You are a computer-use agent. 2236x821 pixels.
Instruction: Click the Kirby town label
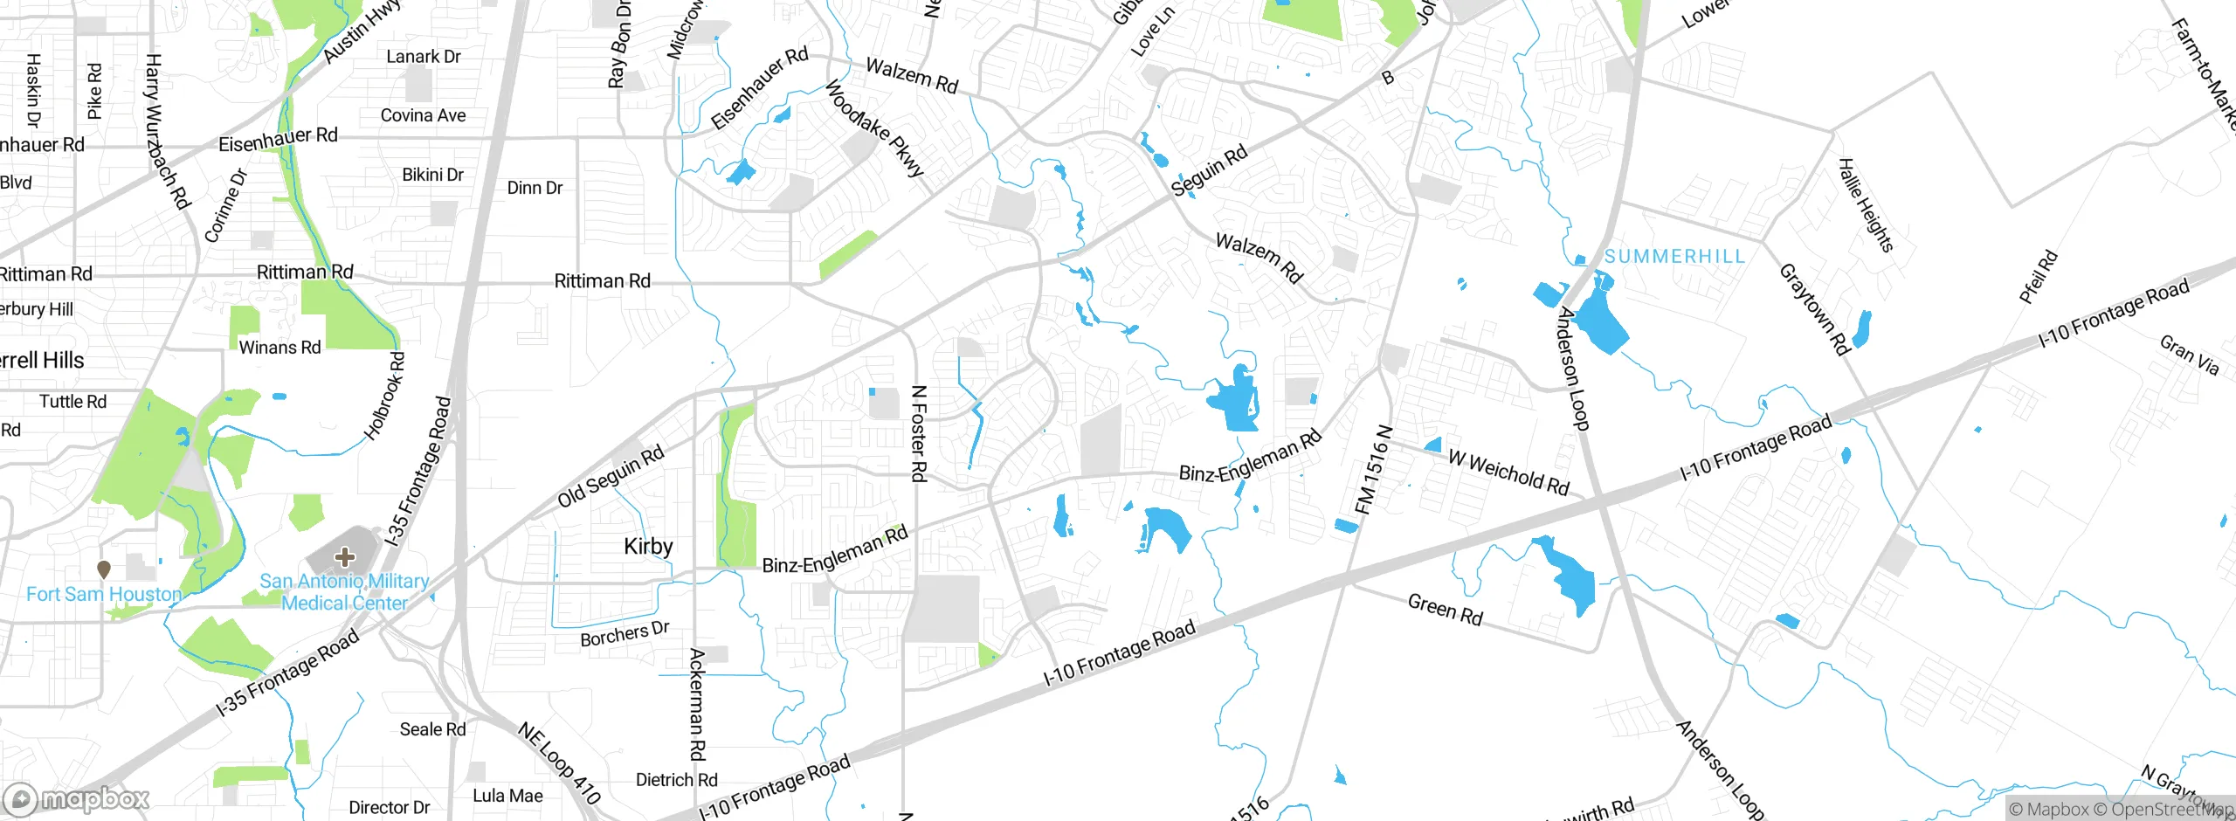[x=648, y=547]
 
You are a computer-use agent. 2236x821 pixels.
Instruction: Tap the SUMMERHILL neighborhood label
[x=1674, y=256]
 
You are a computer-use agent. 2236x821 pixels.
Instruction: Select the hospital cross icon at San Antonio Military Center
[x=344, y=556]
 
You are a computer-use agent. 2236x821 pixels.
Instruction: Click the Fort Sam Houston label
[x=104, y=594]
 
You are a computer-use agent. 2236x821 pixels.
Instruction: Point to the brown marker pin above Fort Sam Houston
[x=104, y=569]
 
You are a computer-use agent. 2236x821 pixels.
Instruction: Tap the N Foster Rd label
[x=918, y=433]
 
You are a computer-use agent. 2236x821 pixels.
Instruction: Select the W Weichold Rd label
[x=1508, y=472]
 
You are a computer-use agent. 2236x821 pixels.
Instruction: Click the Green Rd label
[x=1445, y=609]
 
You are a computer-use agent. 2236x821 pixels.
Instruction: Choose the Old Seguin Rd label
[x=611, y=476]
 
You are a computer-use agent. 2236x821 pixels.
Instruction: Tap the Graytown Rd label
[x=1814, y=309]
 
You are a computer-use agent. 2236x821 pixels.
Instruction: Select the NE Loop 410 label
[x=560, y=762]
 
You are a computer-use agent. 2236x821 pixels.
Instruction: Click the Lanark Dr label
[x=423, y=57]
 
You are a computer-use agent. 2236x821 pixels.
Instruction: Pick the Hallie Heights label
[x=1866, y=205]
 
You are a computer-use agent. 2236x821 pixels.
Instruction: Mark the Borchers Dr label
[x=625, y=634]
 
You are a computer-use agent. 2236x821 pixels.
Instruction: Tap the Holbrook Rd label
[x=385, y=396]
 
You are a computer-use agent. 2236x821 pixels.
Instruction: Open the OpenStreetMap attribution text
[x=2170, y=809]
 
